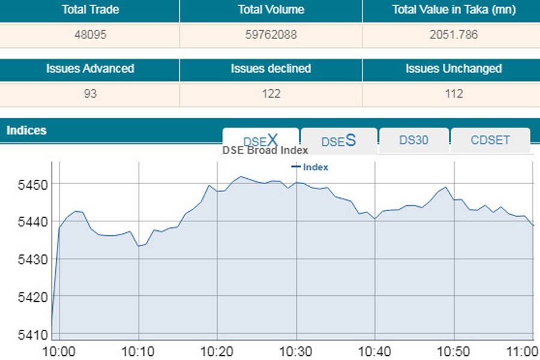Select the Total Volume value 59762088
coord(271,34)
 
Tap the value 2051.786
coord(454,34)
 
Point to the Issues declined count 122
coord(271,94)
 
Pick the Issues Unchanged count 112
coord(454,94)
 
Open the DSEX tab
coord(260,140)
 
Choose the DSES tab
coord(338,140)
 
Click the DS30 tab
coord(413,140)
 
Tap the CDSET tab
coord(490,140)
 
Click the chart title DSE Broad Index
coord(265,151)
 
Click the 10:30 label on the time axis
coord(296,351)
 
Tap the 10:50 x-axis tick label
coord(454,351)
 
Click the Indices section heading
coord(26,130)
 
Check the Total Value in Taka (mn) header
coord(454,10)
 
